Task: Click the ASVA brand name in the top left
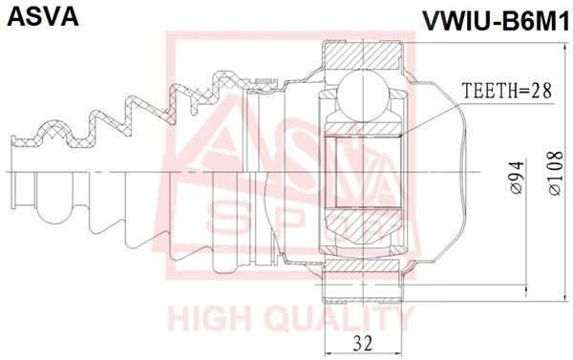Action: [43, 15]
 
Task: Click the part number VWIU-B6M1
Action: [496, 22]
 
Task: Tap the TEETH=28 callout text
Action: [506, 91]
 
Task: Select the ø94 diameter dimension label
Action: [518, 178]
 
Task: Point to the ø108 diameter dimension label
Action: [556, 173]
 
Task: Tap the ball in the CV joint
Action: [363, 95]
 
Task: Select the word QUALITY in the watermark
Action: [340, 319]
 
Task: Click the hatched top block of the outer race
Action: [362, 55]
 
